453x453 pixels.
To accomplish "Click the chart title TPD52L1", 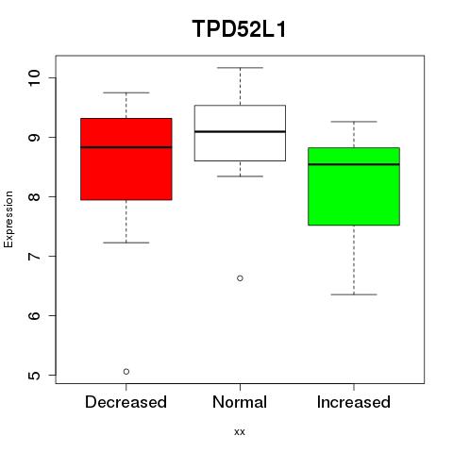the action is (x=239, y=29).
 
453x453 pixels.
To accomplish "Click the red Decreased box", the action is (x=126, y=159).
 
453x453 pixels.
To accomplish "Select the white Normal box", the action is (x=240, y=133).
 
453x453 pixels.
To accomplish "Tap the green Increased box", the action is (x=354, y=186).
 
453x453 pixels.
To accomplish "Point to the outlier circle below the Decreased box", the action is (x=126, y=372).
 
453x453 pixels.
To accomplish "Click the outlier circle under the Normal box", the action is (x=240, y=278).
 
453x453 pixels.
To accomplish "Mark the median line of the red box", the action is (x=126, y=147).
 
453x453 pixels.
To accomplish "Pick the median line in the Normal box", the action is (x=240, y=131).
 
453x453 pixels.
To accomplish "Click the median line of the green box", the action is (x=354, y=164).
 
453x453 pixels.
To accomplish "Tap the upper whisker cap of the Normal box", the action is (x=240, y=68).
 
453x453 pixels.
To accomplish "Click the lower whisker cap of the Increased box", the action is (x=354, y=294).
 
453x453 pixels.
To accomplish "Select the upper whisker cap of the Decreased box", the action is (x=126, y=92).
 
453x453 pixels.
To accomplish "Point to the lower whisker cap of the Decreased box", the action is (x=126, y=243).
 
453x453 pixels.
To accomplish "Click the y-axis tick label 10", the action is (x=34, y=77).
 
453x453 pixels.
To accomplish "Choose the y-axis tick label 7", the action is (x=34, y=256).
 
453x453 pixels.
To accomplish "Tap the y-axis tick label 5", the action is (x=34, y=375).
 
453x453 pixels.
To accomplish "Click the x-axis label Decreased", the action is (x=126, y=402).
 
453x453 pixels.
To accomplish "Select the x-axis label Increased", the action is (x=354, y=402).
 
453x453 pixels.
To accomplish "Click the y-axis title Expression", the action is (x=8, y=219).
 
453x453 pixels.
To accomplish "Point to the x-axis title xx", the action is (x=240, y=432).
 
